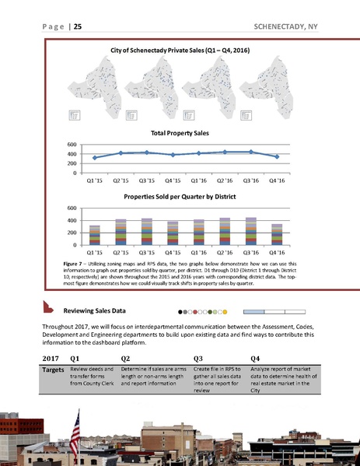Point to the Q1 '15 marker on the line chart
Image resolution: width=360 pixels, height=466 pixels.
pyautogui.click(x=94, y=158)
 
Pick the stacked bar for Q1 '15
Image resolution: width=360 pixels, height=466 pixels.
pyautogui.click(x=94, y=235)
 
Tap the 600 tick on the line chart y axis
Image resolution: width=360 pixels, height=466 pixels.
pyautogui.click(x=72, y=145)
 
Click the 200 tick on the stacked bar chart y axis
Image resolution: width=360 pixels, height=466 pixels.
pyautogui.click(x=72, y=233)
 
